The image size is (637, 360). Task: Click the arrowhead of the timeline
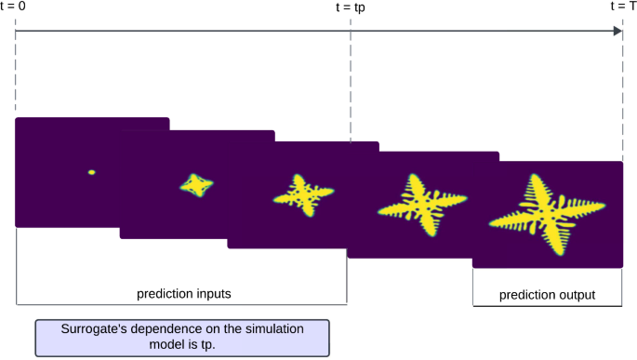coord(617,31)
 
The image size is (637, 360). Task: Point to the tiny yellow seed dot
coord(91,172)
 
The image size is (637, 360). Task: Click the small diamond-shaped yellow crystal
coord(195,185)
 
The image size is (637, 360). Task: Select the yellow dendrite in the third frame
coord(300,194)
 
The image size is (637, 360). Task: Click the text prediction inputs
coord(184,293)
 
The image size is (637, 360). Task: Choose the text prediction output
coord(547,295)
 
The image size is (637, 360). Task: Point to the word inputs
coord(211,293)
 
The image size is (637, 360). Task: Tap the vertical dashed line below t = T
coord(622,93)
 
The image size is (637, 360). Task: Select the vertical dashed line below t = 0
coord(16,74)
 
